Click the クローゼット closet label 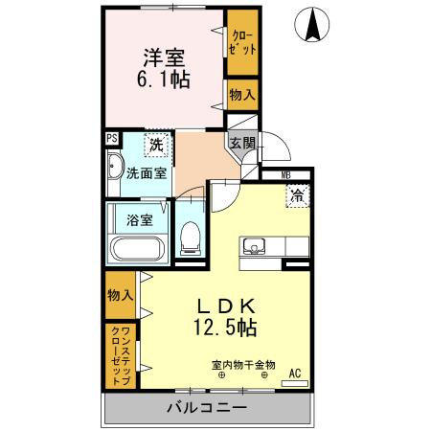tap(241, 44)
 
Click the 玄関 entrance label tap(241, 144)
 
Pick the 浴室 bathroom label tap(140, 219)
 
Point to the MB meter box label tap(284, 174)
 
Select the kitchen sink tap(256, 246)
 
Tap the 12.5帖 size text tap(222, 329)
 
